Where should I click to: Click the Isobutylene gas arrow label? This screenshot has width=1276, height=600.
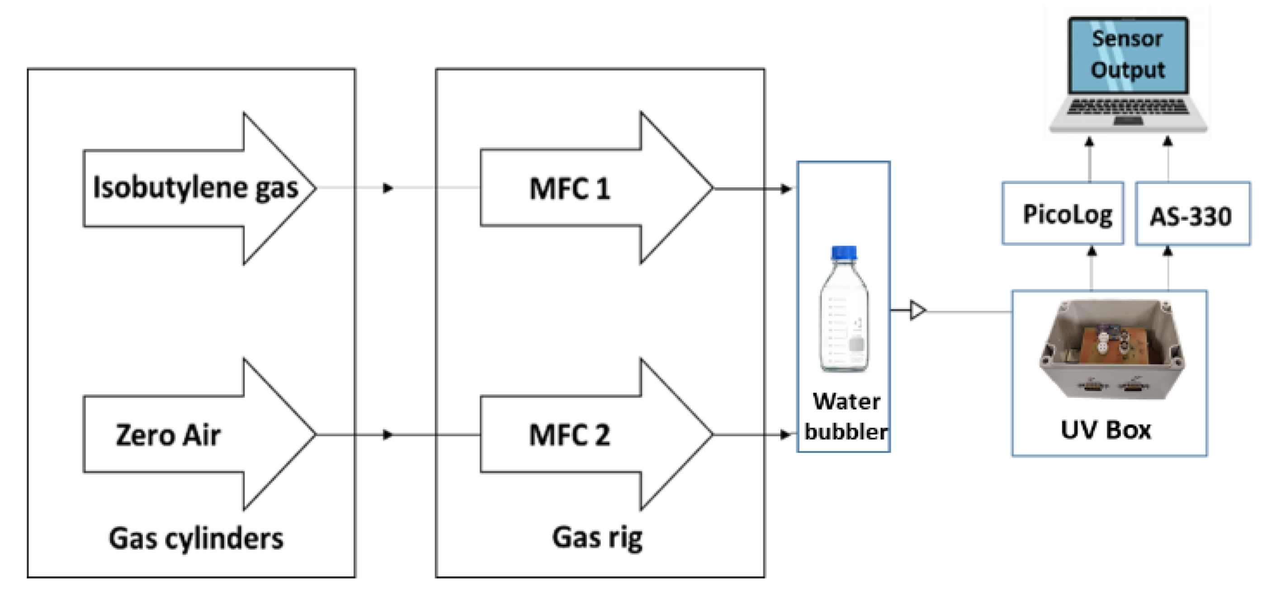click(196, 188)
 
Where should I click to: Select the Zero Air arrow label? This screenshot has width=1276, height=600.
click(168, 435)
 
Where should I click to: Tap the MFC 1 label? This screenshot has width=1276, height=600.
click(570, 189)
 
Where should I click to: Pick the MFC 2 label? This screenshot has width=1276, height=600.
click(570, 435)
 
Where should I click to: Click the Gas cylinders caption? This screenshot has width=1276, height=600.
click(196, 539)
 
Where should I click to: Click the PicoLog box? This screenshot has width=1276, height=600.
click(1063, 213)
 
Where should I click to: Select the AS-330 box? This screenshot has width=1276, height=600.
click(1193, 213)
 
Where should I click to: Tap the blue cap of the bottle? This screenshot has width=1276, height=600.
click(844, 253)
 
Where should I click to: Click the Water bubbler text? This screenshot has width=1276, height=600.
click(846, 416)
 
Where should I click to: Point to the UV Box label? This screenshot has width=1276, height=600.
click(1106, 430)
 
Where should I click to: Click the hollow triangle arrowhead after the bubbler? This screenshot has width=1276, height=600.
click(918, 311)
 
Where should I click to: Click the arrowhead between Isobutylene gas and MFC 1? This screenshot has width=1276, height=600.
click(388, 188)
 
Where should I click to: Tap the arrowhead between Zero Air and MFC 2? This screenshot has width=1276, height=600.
click(388, 435)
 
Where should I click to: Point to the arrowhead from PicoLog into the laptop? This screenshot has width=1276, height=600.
click(1089, 142)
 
